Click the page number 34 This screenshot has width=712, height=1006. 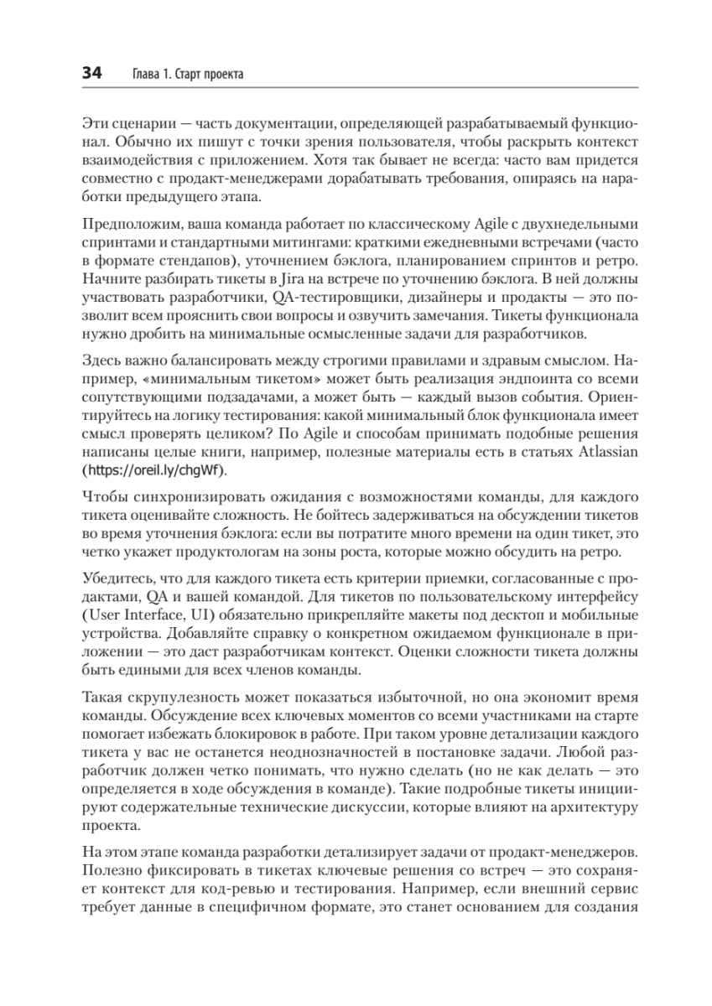pyautogui.click(x=91, y=74)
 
